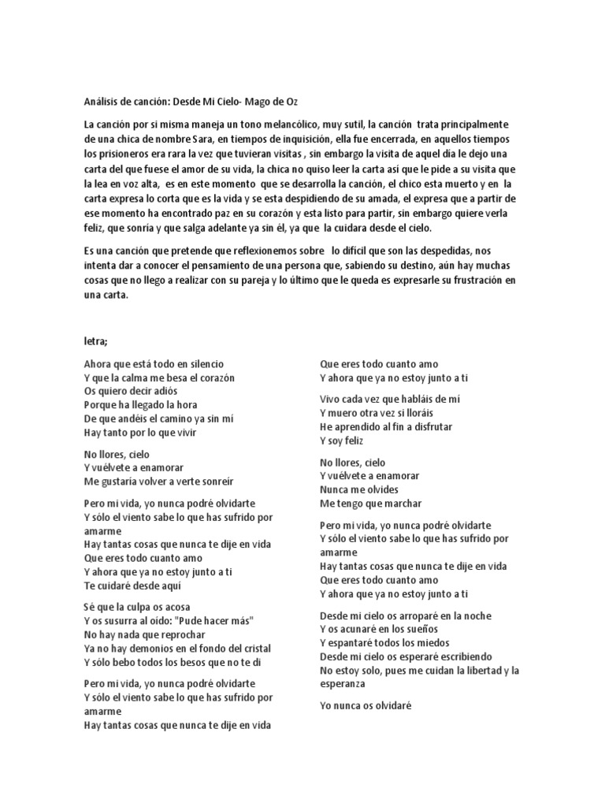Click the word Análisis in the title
click(x=100, y=103)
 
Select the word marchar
click(x=403, y=503)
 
